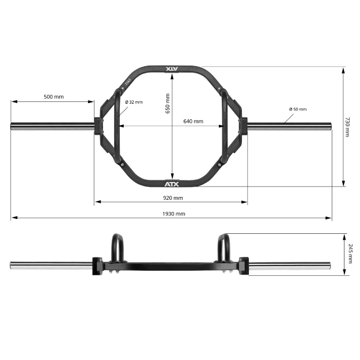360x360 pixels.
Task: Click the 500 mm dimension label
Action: (54, 97)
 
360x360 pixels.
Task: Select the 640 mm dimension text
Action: (193, 122)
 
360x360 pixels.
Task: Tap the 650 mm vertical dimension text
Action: (168, 104)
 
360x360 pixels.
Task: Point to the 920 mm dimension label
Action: (172, 198)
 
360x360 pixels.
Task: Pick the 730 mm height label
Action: (347, 127)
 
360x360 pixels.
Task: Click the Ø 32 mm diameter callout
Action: (134, 102)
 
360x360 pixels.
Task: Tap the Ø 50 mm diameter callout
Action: (298, 109)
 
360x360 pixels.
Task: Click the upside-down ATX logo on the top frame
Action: (172, 69)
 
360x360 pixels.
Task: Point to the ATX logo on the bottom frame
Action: (172, 184)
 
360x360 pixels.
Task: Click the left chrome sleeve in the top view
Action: (52, 126)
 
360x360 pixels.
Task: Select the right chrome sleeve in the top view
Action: (290, 126)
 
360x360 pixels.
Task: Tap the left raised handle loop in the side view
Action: (117, 247)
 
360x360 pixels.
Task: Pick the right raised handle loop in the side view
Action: (224, 247)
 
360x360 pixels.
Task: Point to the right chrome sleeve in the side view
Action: (290, 266)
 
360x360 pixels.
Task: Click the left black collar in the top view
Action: (97, 126)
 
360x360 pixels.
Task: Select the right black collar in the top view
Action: (244, 126)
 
